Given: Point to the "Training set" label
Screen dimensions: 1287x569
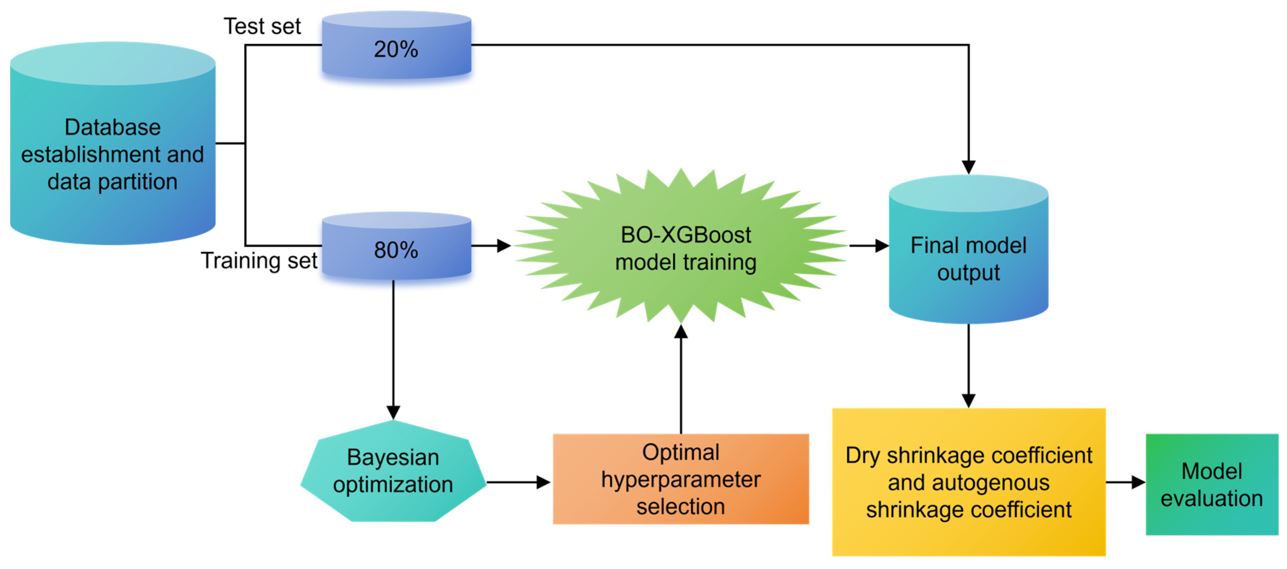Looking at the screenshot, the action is [x=259, y=261].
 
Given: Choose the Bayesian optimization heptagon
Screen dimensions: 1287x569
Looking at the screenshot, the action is [x=393, y=471].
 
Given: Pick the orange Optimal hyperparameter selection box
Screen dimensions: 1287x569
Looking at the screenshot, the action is [x=680, y=479].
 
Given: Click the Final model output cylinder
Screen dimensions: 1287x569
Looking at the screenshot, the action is [x=968, y=249].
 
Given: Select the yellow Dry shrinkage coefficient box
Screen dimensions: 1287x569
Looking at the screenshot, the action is [x=968, y=482].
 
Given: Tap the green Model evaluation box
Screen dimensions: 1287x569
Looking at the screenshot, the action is [x=1211, y=484].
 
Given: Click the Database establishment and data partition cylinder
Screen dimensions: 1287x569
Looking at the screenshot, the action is [x=113, y=143].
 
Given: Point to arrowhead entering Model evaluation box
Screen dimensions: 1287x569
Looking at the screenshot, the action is [x=1139, y=482].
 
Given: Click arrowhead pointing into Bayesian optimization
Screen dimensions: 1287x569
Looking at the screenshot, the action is [x=393, y=413].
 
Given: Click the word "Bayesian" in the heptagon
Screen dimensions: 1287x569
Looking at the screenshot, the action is [x=393, y=457].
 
